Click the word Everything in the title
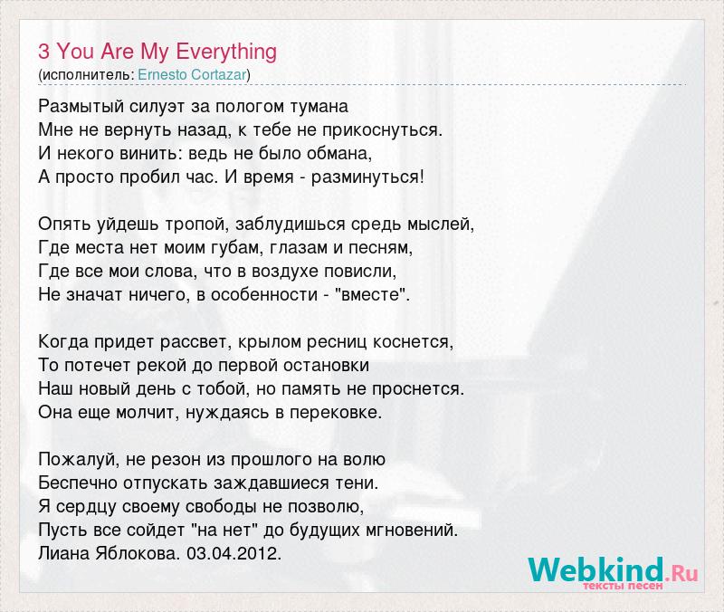point(226,53)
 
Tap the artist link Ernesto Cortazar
point(192,75)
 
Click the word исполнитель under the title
point(87,75)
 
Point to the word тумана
point(319,107)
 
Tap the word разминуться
point(365,177)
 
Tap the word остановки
point(326,366)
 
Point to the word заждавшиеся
point(270,483)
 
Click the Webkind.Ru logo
point(614,572)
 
